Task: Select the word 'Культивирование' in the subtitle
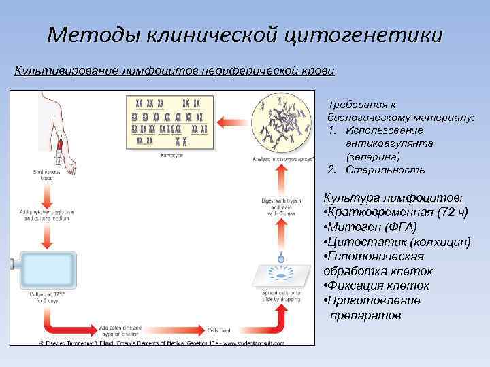66,71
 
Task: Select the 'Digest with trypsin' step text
280,205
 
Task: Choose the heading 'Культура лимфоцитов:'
394,197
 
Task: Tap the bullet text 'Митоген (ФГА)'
382,227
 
